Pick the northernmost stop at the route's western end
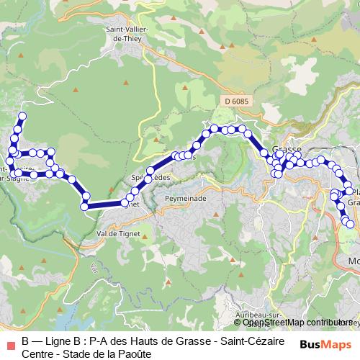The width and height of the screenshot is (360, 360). click(x=22, y=116)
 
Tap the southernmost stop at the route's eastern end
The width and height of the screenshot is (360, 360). click(x=351, y=224)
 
